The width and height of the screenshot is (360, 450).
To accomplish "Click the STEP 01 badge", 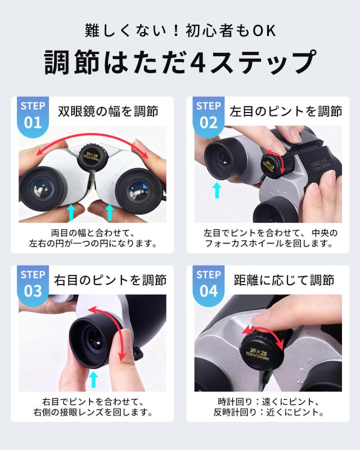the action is pos(33,116).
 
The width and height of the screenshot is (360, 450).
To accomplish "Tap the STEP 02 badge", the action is pos(209,116).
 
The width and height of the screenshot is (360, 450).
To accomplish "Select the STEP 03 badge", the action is pos(33,285).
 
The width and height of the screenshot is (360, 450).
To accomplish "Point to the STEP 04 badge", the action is pos(209,285).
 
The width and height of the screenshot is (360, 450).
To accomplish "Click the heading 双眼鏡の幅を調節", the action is pos(108,111).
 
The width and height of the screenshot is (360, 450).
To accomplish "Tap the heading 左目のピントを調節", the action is pos(286,111).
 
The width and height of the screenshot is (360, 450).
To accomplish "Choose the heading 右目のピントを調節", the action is pos(110,280).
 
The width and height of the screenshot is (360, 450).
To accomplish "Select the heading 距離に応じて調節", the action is pos(284,280).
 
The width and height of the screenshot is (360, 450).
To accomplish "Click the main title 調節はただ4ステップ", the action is pos(181,62).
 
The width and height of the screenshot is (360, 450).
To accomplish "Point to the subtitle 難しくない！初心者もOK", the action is pos(181,31).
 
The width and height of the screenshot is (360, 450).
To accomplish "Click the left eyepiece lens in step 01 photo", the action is pos(44,190).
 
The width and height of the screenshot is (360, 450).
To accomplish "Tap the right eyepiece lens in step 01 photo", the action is pos(138,191).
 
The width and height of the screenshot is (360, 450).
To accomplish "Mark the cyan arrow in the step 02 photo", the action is pos(217,191).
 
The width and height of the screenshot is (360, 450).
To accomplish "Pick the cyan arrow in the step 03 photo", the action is pos(93,379).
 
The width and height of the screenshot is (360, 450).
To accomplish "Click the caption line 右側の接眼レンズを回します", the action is pos(93,412).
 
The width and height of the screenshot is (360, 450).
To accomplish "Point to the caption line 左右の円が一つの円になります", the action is pos(93,244).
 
